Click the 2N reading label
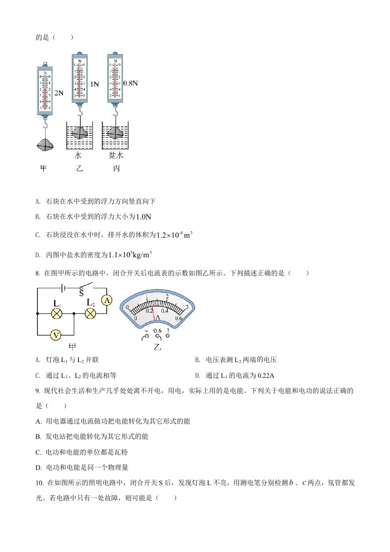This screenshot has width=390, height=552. pyautogui.click(x=59, y=93)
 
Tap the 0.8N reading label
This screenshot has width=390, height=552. pyautogui.click(x=130, y=83)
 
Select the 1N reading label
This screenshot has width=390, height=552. pyautogui.click(x=94, y=84)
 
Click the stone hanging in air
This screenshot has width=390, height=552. pyautogui.click(x=45, y=145)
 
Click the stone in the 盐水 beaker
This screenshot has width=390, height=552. pyautogui.click(x=116, y=132)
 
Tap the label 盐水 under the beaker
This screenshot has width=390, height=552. pyautogui.click(x=116, y=155)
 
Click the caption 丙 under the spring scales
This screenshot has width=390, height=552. pyautogui.click(x=116, y=169)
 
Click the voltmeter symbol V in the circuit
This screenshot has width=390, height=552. pyautogui.click(x=56, y=335)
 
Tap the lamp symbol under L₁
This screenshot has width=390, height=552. pyautogui.click(x=57, y=313)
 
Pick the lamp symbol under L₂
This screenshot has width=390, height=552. pyautogui.click(x=90, y=313)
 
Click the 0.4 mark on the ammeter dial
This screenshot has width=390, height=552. pyautogui.click(x=164, y=310)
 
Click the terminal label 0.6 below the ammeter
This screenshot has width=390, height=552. pyautogui.click(x=157, y=331)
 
